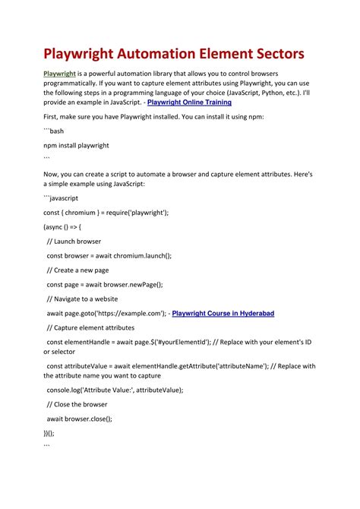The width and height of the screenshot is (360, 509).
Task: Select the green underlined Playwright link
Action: tap(59, 73)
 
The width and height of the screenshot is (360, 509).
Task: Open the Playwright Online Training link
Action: tap(189, 102)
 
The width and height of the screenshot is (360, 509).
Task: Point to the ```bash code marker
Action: tap(54, 131)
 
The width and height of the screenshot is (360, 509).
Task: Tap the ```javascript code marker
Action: tap(61, 198)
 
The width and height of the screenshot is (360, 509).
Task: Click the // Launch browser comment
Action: tap(74, 242)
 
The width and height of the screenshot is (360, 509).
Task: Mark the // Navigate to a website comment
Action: tap(87, 299)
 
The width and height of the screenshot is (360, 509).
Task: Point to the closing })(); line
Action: tap(49, 432)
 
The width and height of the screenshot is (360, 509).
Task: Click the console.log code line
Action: tap(115, 390)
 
